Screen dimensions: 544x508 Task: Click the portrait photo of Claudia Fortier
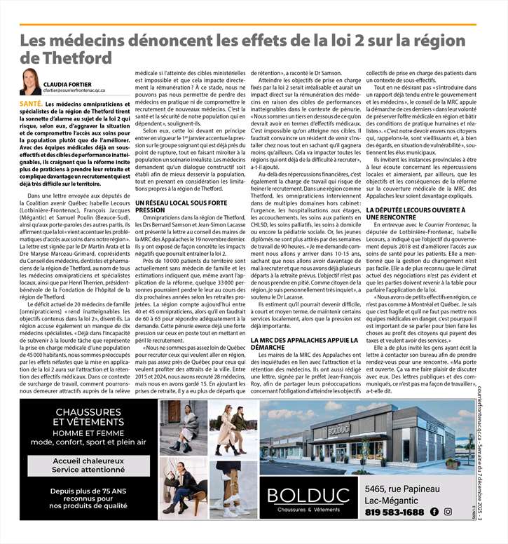[30, 81]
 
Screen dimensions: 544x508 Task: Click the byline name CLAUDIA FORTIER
[69, 83]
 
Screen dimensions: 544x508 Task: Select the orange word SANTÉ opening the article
[30, 104]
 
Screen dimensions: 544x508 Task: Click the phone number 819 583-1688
[394, 512]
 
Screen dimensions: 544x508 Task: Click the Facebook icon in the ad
[435, 512]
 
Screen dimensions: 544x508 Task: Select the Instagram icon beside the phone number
[448, 512]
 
